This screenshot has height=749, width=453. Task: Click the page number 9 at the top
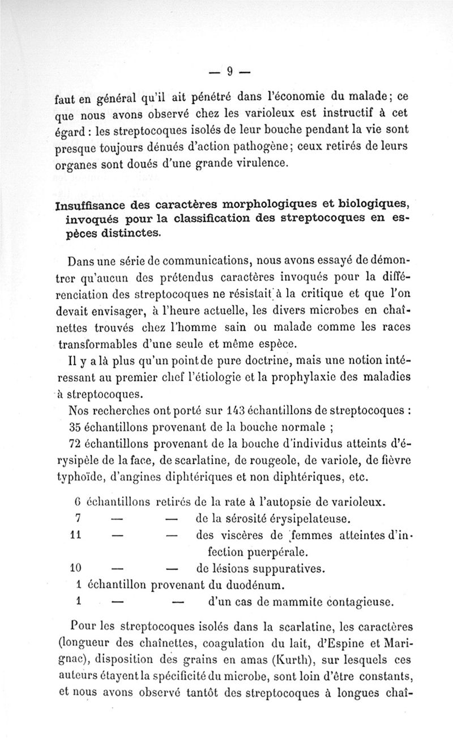coord(230,71)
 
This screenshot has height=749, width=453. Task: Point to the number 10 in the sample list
coord(76,568)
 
